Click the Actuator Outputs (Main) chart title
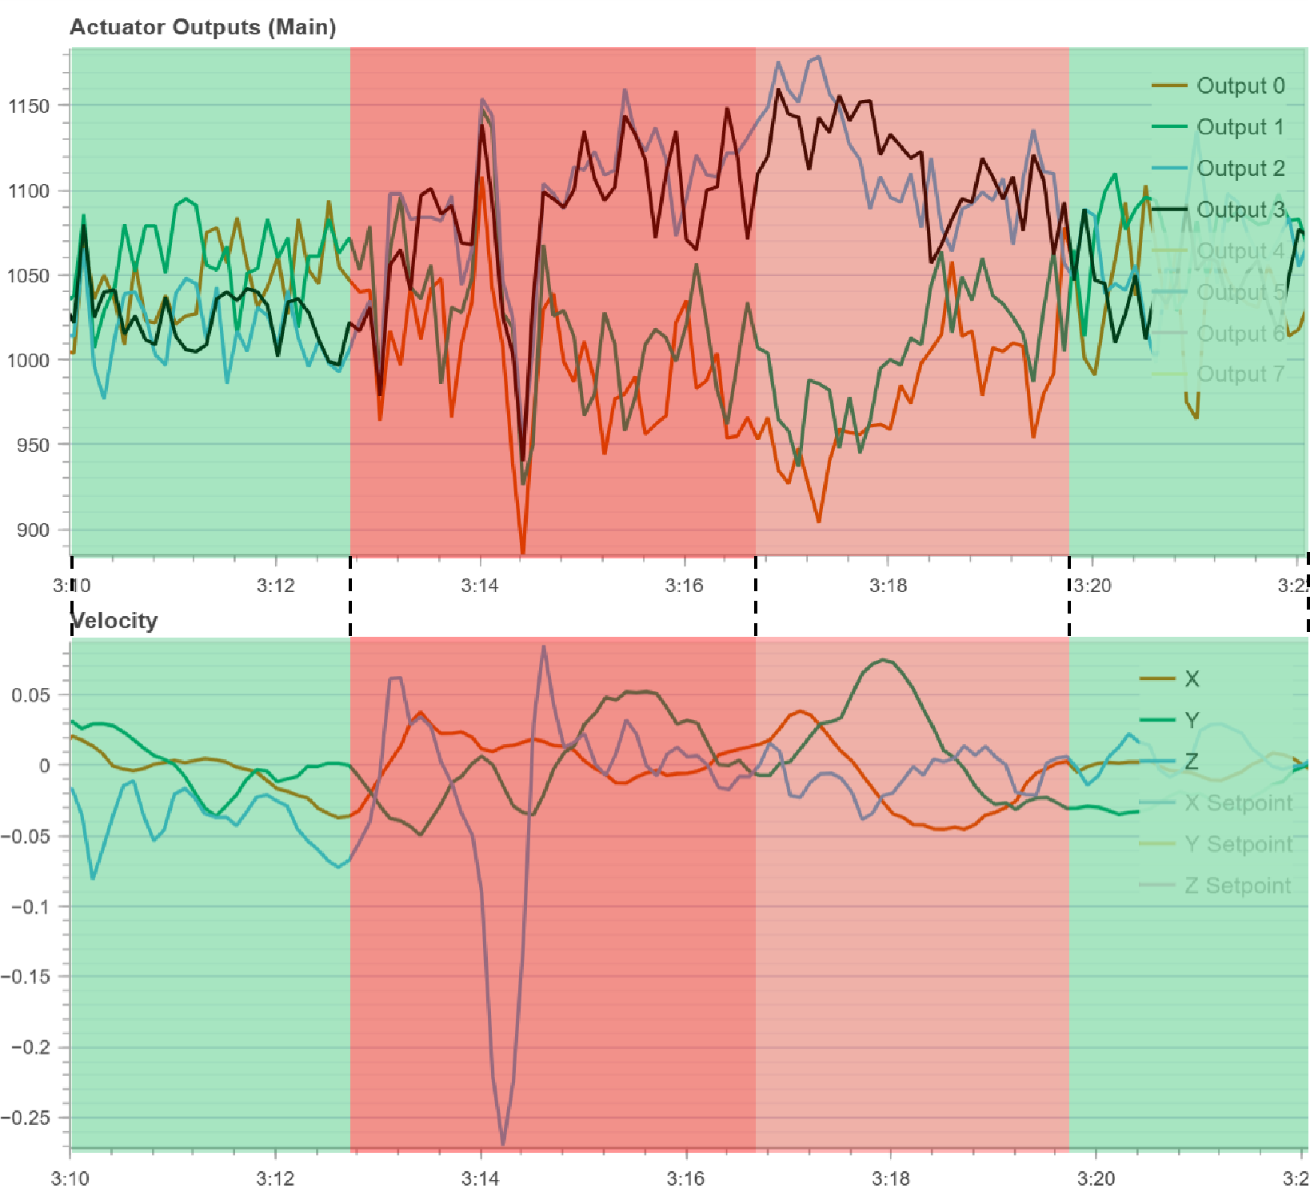pyautogui.click(x=203, y=27)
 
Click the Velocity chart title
pyautogui.click(x=114, y=621)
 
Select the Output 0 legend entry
pyautogui.click(x=1240, y=86)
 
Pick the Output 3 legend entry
pyautogui.click(x=1240, y=210)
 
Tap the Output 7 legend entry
pyautogui.click(x=1240, y=374)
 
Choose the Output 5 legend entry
pyautogui.click(x=1240, y=292)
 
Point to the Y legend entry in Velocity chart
pyautogui.click(x=1192, y=720)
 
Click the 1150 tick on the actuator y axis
pyautogui.click(x=28, y=106)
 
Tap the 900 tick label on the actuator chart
pyautogui.click(x=32, y=530)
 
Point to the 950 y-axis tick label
pyautogui.click(x=32, y=445)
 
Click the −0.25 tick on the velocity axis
pyautogui.click(x=26, y=1118)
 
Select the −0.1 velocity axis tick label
pyautogui.click(x=30, y=906)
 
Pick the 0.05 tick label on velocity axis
pyautogui.click(x=30, y=694)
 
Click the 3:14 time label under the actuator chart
pyautogui.click(x=480, y=586)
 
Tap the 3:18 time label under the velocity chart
pyautogui.click(x=891, y=1178)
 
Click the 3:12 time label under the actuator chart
pyautogui.click(x=276, y=586)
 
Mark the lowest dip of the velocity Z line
pyautogui.click(x=503, y=1144)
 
